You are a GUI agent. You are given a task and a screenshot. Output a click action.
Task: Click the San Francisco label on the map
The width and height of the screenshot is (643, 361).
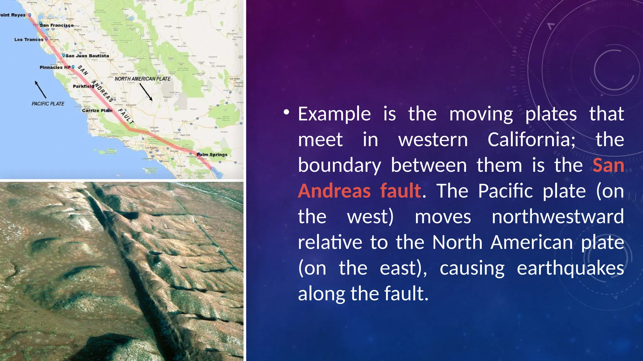pyautogui.click(x=57, y=25)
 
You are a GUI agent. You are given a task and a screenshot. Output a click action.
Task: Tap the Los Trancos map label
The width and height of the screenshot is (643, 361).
pyautogui.click(x=29, y=39)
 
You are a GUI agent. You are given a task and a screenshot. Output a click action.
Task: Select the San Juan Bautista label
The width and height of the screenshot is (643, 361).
pyautogui.click(x=87, y=56)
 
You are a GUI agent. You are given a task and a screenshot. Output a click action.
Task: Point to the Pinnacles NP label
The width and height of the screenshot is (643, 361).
pyautogui.click(x=55, y=67)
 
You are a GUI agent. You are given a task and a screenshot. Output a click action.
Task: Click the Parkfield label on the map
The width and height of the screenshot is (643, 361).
pyautogui.click(x=83, y=86)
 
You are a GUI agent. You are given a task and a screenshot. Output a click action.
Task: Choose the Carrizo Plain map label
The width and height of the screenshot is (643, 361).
pyautogui.click(x=97, y=110)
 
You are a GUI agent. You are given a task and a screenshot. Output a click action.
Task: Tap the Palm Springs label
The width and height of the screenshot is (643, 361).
pyautogui.click(x=212, y=154)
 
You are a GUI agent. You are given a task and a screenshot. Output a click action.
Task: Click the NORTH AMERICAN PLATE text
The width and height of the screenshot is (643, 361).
pyautogui.click(x=143, y=79)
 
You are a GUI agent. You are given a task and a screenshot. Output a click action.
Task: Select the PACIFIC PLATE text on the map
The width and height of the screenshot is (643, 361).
pyautogui.click(x=48, y=104)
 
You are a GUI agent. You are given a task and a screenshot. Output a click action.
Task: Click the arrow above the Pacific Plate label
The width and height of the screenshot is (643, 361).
pyautogui.click(x=40, y=90)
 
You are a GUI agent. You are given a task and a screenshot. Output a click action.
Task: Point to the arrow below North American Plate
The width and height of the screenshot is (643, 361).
pyautogui.click(x=146, y=92)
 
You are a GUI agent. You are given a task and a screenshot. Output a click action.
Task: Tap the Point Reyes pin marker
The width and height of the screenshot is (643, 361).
pyautogui.click(x=30, y=15)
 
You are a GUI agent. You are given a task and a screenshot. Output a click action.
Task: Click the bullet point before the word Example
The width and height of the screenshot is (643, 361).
pyautogui.click(x=286, y=112)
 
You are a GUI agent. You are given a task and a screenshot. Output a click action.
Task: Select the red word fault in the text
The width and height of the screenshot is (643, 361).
pyautogui.click(x=401, y=191)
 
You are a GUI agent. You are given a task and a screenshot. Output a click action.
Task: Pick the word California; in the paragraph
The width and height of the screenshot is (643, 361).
pyautogui.click(x=532, y=139)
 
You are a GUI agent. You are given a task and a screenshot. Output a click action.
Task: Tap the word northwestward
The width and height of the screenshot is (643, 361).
pyautogui.click(x=558, y=217)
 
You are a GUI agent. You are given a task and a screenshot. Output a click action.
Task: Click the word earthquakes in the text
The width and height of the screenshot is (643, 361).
pyautogui.click(x=570, y=268)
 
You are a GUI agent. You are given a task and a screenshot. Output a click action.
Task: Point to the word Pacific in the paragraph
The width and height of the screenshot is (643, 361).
pyautogui.click(x=505, y=191)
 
